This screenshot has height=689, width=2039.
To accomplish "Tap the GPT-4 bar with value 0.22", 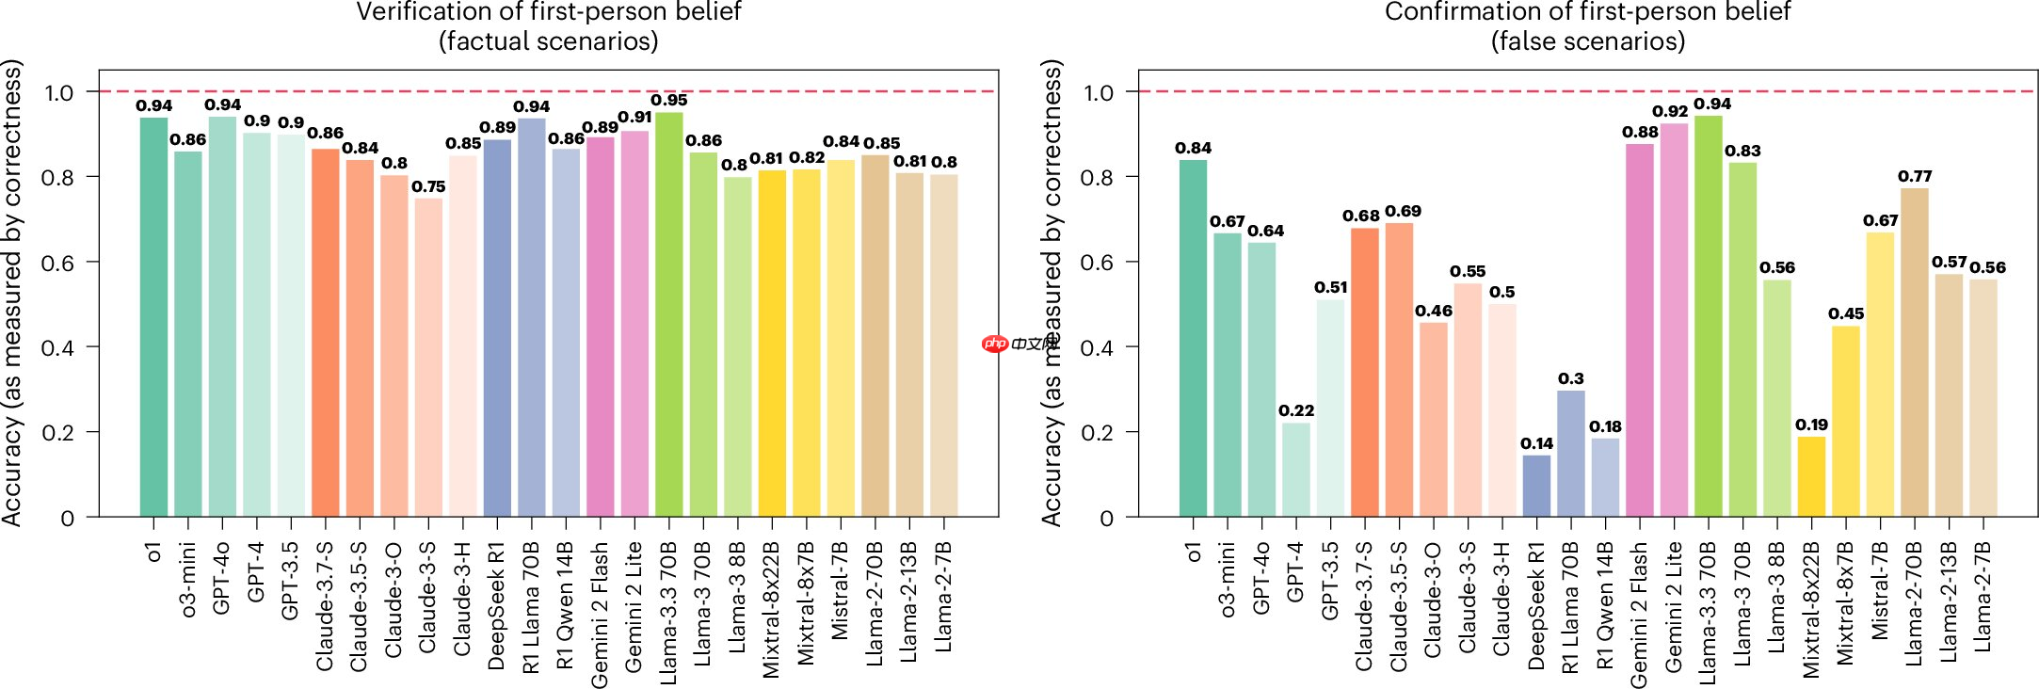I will [x=1295, y=470].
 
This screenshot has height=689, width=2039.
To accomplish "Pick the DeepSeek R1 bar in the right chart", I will [x=1535, y=486].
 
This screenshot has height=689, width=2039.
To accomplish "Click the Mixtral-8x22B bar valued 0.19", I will [x=1811, y=476].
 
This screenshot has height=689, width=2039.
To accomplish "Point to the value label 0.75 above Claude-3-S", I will [x=428, y=186].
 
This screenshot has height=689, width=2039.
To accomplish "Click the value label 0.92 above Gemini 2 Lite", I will [x=1670, y=111].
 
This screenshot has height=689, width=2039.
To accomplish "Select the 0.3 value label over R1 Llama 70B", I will [x=1570, y=378].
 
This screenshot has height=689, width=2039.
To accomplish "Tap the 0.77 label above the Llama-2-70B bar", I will [x=1915, y=176].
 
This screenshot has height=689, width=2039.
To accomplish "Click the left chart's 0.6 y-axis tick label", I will [x=57, y=263].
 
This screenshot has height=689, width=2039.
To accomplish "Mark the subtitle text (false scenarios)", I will [x=1587, y=41].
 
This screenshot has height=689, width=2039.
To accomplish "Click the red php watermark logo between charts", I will [x=994, y=344].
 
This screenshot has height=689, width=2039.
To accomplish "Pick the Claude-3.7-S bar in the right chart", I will [x=1364, y=372].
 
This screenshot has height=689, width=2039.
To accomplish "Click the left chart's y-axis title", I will [x=12, y=292].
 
